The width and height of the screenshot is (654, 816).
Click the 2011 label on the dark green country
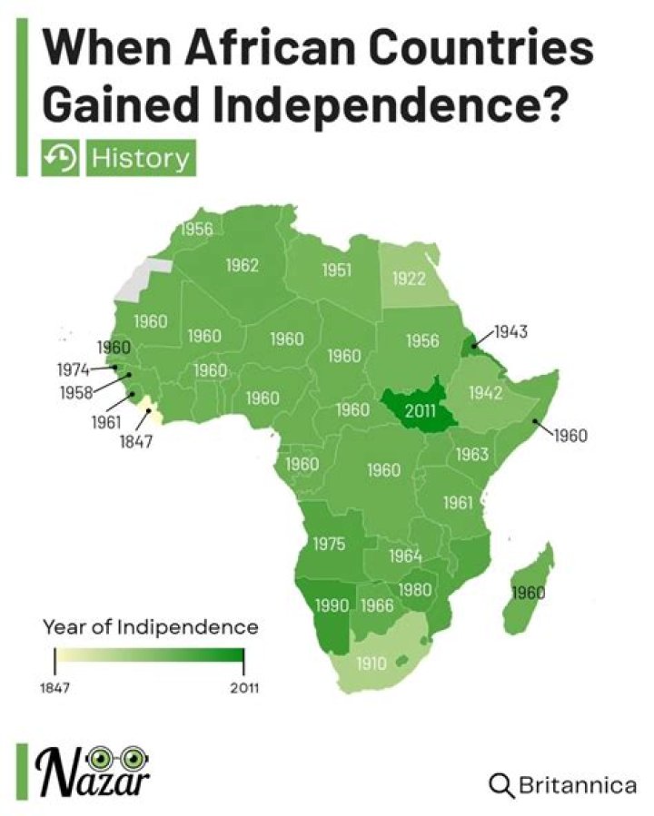[421, 410]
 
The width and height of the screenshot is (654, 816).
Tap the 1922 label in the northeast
[409, 278]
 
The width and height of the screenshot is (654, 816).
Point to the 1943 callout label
[510, 331]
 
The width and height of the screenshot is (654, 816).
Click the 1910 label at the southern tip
[371, 663]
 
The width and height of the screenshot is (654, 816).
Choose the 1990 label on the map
[332, 605]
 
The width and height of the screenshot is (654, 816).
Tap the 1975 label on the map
[329, 544]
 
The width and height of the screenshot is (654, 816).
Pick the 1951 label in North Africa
[337, 270]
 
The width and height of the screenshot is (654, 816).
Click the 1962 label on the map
[243, 266]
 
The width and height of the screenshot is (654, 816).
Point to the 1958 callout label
[78, 393]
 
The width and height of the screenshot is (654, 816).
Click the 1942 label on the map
[485, 392]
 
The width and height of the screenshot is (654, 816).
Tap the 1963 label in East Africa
[472, 453]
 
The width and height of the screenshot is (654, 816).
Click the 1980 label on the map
[415, 589]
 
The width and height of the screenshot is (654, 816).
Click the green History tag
[140, 158]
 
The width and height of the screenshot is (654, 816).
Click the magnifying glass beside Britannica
[501, 785]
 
